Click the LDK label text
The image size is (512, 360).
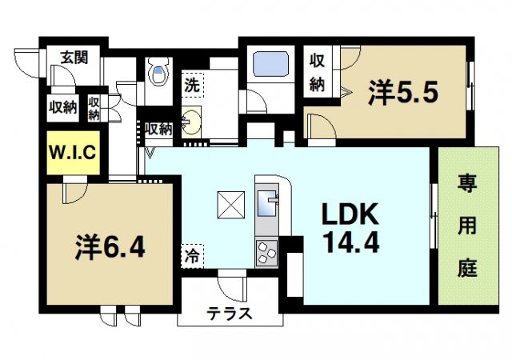(x=350, y=214)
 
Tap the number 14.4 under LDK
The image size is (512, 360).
(x=350, y=243)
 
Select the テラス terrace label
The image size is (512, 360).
(x=230, y=314)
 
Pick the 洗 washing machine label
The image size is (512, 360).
(x=193, y=82)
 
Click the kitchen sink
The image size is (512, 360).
(x=266, y=200)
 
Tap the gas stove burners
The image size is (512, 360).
(x=266, y=254)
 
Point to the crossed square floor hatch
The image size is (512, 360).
(x=230, y=206)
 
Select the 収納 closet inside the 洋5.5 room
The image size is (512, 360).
(x=317, y=71)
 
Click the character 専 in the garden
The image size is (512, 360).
(x=466, y=185)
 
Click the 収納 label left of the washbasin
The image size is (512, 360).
(x=158, y=128)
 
